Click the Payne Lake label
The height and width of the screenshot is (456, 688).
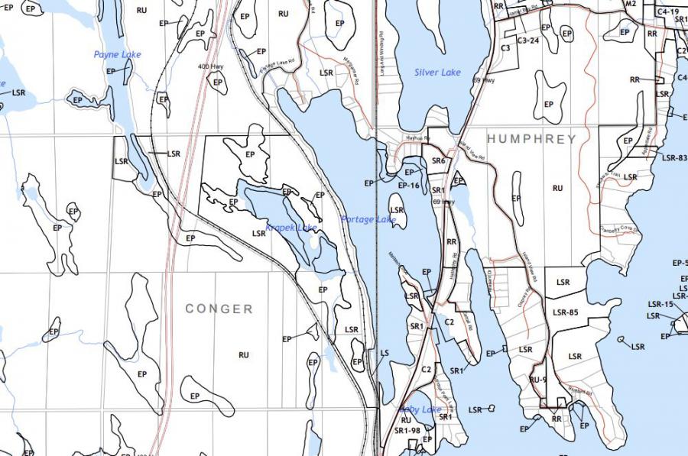tap(118, 55)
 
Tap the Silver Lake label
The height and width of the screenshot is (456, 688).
tap(437, 73)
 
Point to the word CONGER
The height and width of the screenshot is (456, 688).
tap(219, 309)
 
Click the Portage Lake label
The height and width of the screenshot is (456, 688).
tap(368, 220)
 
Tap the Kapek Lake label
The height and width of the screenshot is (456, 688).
tap(291, 228)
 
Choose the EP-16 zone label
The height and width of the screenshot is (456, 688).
tap(409, 185)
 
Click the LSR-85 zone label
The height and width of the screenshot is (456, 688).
tap(564, 312)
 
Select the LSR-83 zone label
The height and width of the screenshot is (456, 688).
tap(674, 158)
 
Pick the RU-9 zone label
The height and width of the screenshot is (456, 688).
tap(538, 380)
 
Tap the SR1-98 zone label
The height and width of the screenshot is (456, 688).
tap(407, 431)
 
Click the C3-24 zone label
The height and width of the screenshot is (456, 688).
tap(528, 40)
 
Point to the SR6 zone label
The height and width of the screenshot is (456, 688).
tap(438, 161)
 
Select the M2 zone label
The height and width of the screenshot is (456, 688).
tap(630, 4)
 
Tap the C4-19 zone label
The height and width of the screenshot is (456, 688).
tap(667, 12)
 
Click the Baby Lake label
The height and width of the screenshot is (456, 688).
tap(420, 410)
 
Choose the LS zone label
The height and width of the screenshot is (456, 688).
tap(385, 353)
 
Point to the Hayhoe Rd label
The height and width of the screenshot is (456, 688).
tap(417, 138)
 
